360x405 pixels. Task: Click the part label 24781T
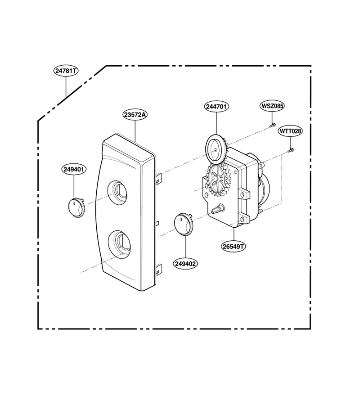pyautogui.click(x=66, y=71)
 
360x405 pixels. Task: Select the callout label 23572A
pyautogui.click(x=135, y=114)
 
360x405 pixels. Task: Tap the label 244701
pyautogui.click(x=217, y=106)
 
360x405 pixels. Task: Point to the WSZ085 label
pyautogui.click(x=272, y=106)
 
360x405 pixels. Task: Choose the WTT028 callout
pyautogui.click(x=290, y=131)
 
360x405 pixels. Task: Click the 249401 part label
pyautogui.click(x=74, y=169)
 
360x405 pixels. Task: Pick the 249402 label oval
pyautogui.click(x=185, y=264)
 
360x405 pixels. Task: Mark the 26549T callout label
pyautogui.click(x=233, y=247)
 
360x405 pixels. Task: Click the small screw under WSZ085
pyautogui.click(x=272, y=125)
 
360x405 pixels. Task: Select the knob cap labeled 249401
pyautogui.click(x=76, y=207)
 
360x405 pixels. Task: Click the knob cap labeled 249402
pyautogui.click(x=184, y=224)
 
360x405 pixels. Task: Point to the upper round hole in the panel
pyautogui.click(x=119, y=193)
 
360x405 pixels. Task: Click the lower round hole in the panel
pyautogui.click(x=120, y=244)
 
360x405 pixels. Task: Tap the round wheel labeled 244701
pyautogui.click(x=216, y=150)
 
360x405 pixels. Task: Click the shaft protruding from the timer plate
pyautogui.click(x=219, y=208)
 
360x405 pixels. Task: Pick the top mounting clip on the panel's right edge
pyautogui.click(x=158, y=178)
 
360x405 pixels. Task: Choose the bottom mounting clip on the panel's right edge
pyautogui.click(x=158, y=270)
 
